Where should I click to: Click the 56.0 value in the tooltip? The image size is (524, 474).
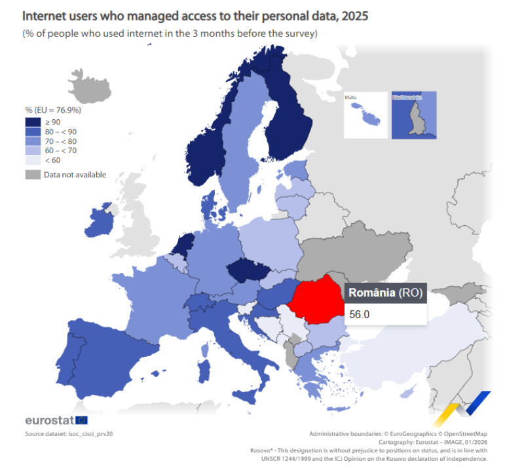pyautogui.click(x=360, y=314)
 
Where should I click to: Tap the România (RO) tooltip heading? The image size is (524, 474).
pyautogui.click(x=385, y=292)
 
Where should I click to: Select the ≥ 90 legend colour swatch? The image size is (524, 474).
pyautogui.click(x=33, y=122)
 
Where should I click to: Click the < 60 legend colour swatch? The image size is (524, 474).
pyautogui.click(x=33, y=160)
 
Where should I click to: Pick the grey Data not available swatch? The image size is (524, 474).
pyautogui.click(x=33, y=175)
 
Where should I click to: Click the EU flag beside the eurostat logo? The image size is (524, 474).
pyautogui.click(x=82, y=420)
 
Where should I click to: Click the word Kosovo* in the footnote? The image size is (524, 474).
pyautogui.click(x=263, y=450)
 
